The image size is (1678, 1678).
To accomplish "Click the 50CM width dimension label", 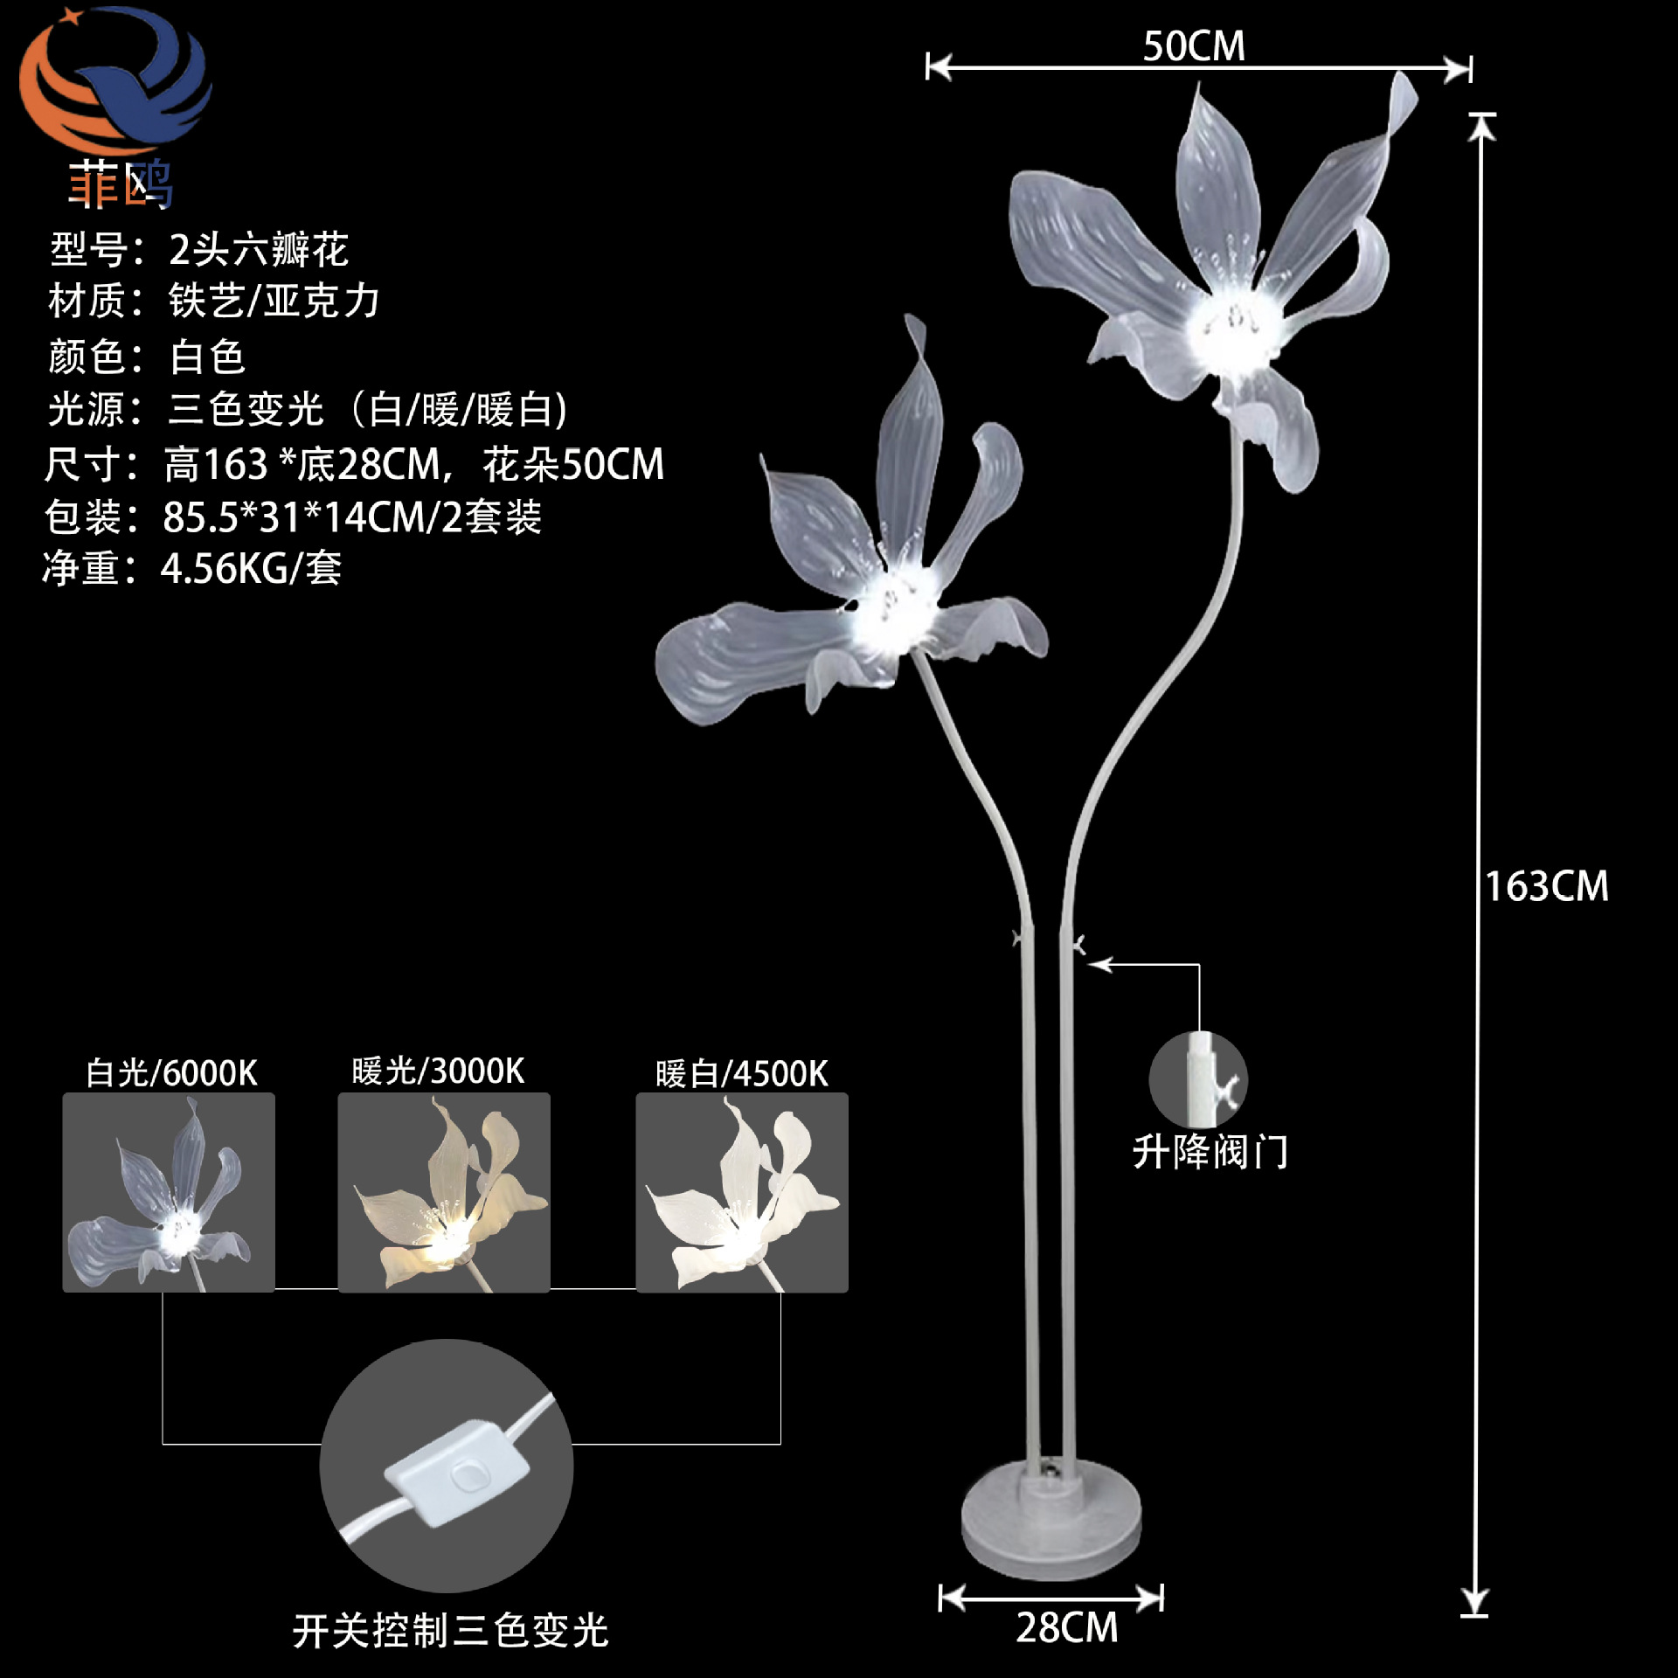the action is pos(1194,46).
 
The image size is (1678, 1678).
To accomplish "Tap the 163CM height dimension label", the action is pos(1547,886).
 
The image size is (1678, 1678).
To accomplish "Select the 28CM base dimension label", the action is pos(1066,1627).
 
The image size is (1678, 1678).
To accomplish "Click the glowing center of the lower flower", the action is pos(891,612).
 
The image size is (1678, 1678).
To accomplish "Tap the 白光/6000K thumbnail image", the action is pos(169,1192).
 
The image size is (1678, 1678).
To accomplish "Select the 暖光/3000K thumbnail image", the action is pos(444,1192).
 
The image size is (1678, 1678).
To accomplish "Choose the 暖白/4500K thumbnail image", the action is pos(742,1192).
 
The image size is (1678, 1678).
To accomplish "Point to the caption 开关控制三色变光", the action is pos(450,1631).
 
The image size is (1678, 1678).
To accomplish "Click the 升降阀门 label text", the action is pos(1210,1152).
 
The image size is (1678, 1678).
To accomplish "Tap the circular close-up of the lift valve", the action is pos(1198,1080).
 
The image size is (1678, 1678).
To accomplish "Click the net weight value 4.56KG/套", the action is pos(251,569).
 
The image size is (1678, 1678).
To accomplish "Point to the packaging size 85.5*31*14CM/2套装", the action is pos(352,517).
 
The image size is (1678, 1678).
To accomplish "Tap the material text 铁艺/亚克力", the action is pos(274,302).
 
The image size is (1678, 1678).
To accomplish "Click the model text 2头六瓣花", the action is pos(259,250).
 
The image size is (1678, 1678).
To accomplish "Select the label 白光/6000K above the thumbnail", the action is pos(171,1073).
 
